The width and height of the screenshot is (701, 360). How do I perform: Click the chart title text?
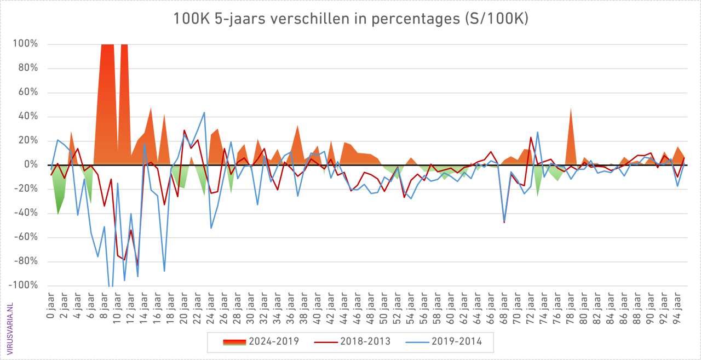pyautogui.click(x=350, y=19)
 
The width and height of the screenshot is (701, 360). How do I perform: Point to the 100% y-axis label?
pyautogui.click(x=26, y=44)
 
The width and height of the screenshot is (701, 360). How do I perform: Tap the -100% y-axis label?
pyautogui.click(x=24, y=285)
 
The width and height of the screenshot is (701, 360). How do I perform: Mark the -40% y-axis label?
pyautogui.click(x=26, y=213)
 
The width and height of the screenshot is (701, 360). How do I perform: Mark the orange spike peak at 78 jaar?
pyautogui.click(x=571, y=108)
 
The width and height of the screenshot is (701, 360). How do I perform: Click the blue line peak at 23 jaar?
pyautogui.click(x=204, y=112)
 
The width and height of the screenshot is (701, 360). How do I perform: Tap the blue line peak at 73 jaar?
pyautogui.click(x=538, y=132)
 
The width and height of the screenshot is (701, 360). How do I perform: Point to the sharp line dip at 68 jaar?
pyautogui.click(x=504, y=222)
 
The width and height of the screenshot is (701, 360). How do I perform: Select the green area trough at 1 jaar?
pyautogui.click(x=58, y=214)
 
